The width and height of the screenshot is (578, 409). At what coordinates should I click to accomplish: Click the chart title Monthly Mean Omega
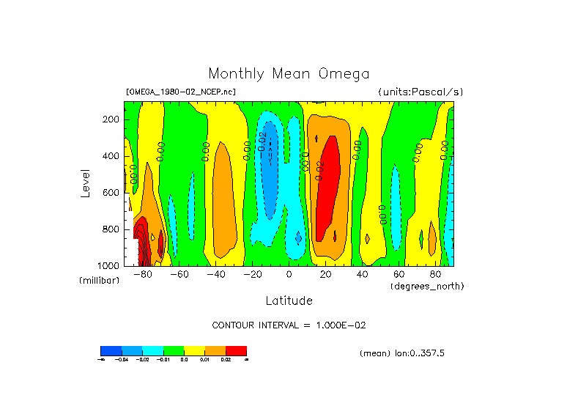(x=289, y=74)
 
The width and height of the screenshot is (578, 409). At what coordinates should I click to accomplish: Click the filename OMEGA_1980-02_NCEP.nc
(x=181, y=92)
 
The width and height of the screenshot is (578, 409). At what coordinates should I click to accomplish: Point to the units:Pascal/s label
(x=420, y=92)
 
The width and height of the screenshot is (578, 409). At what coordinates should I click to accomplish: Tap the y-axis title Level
(x=86, y=182)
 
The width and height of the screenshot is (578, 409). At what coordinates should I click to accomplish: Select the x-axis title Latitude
(x=289, y=301)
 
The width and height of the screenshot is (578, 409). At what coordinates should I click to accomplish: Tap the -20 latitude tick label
(x=252, y=274)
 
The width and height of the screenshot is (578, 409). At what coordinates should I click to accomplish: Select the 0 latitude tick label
(x=289, y=274)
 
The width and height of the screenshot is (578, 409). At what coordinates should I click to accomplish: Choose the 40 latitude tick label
(x=362, y=274)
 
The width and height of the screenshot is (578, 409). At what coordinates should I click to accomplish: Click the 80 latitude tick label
(x=435, y=274)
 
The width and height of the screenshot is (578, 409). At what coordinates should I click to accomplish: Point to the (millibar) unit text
(x=99, y=281)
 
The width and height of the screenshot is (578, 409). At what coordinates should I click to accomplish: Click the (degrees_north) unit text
(x=427, y=285)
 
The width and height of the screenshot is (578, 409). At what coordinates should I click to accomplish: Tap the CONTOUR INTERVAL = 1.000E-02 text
(x=287, y=325)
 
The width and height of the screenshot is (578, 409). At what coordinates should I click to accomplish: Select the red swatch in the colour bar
(x=236, y=350)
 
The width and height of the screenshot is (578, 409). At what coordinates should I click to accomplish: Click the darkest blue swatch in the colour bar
(x=111, y=350)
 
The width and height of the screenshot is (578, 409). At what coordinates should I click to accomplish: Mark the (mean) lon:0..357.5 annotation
(x=401, y=353)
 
